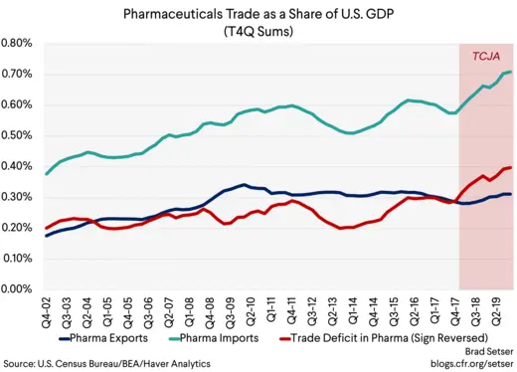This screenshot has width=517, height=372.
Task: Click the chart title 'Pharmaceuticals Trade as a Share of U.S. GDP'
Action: tap(258, 15)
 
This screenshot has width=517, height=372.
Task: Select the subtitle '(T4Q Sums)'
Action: tap(258, 31)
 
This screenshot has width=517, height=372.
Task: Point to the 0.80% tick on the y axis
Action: tap(19, 44)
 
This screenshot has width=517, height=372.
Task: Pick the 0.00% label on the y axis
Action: tap(19, 289)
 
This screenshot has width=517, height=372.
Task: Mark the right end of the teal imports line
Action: tap(510, 72)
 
